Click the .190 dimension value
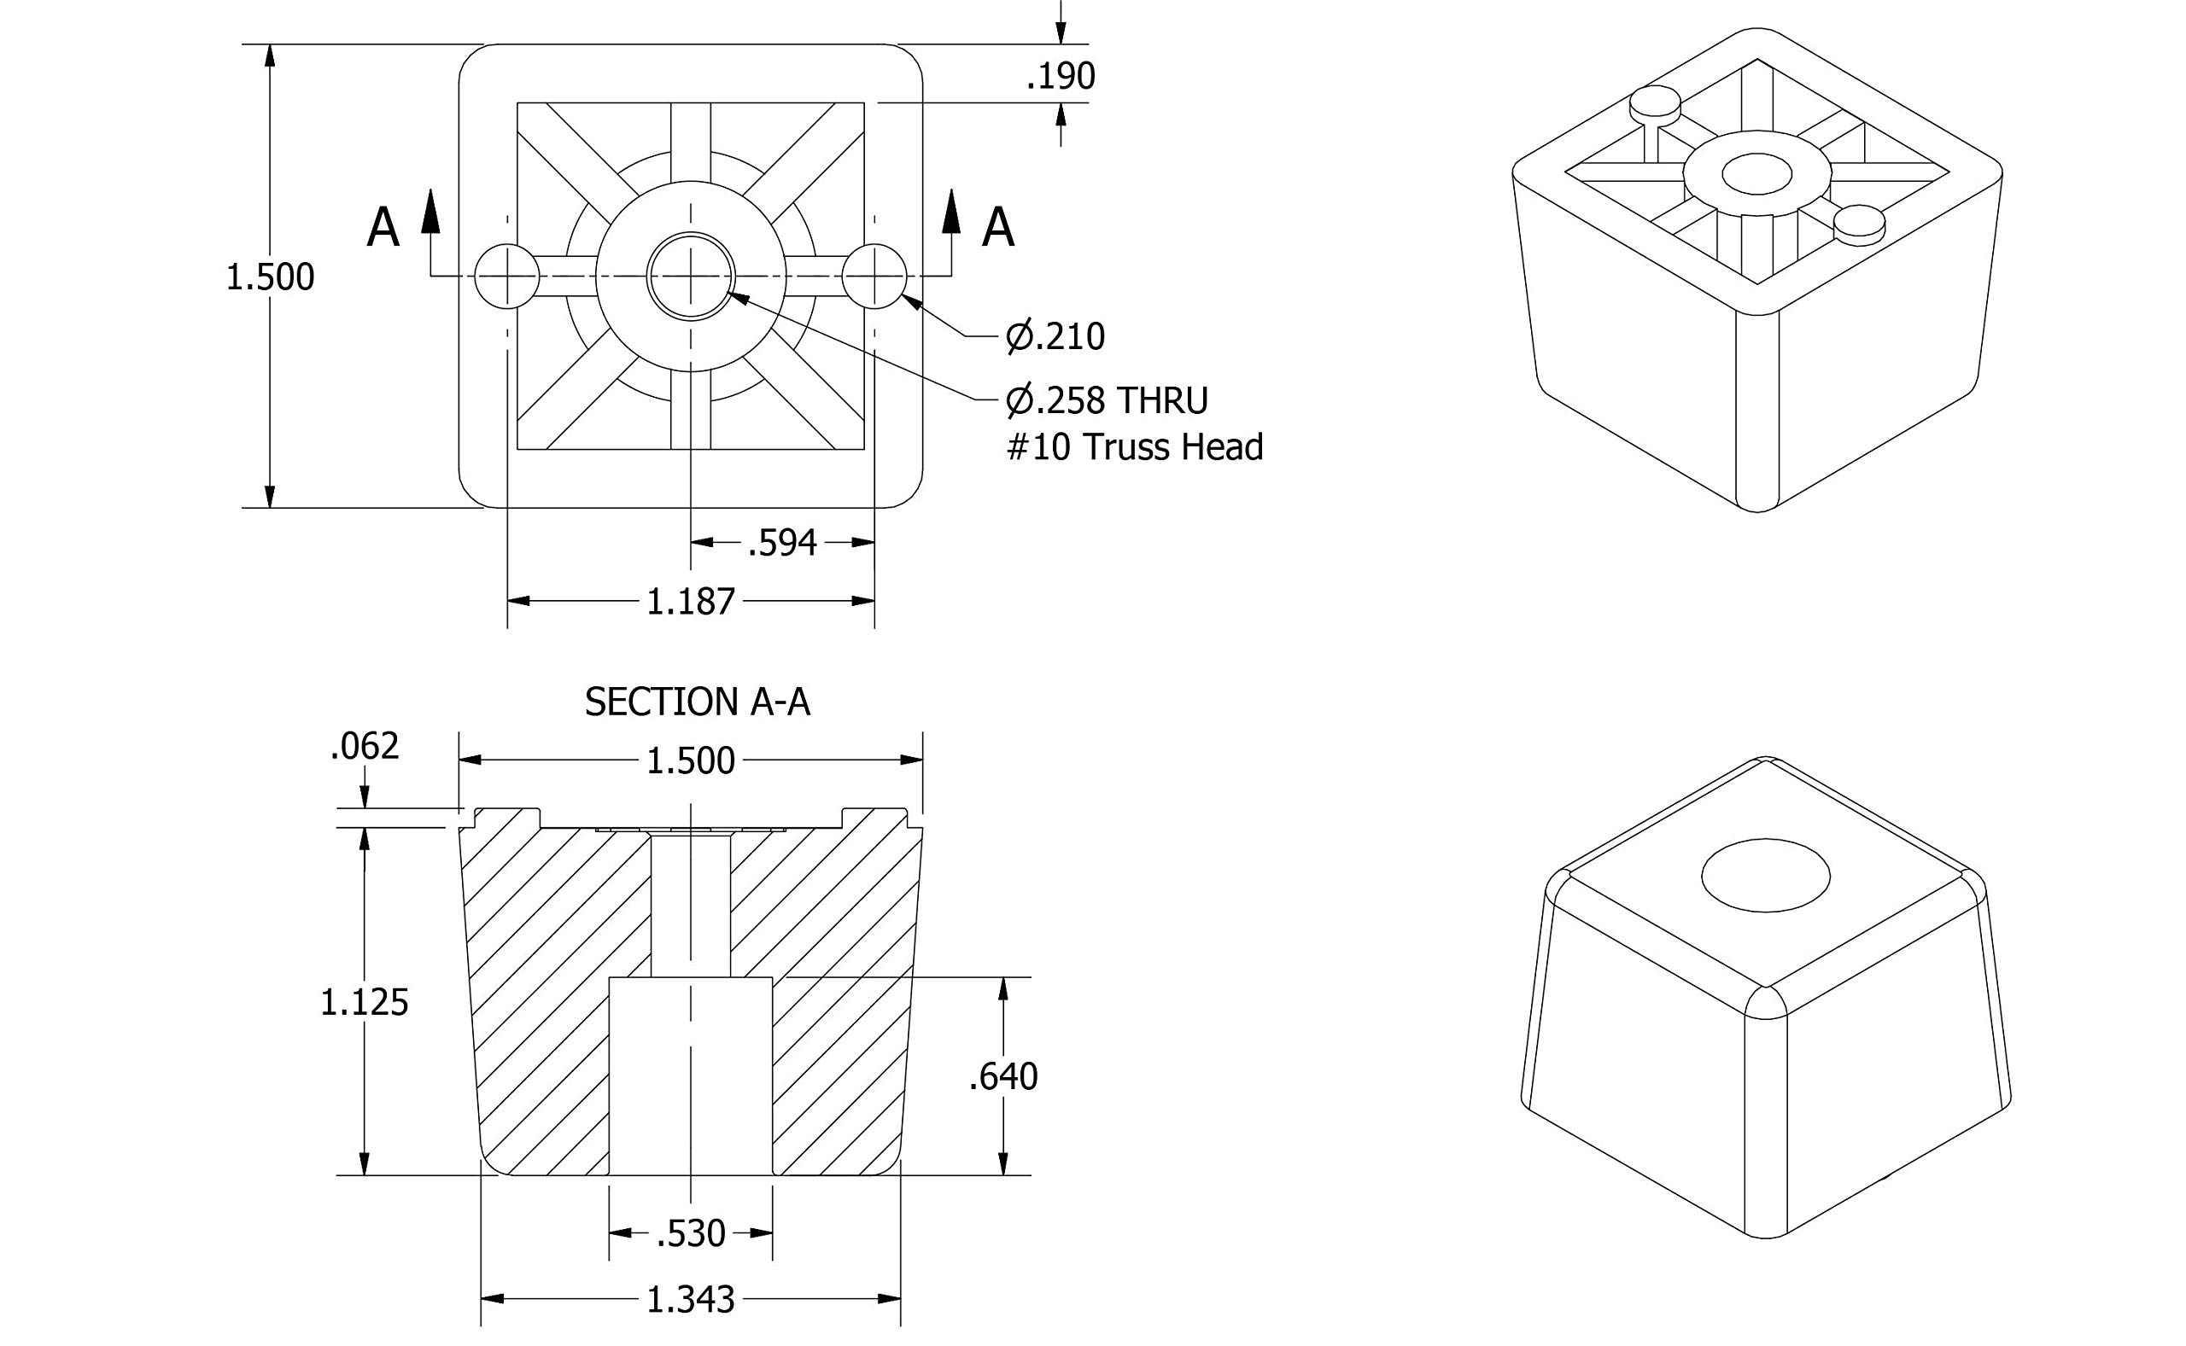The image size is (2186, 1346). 1060,77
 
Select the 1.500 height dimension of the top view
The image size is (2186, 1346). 270,277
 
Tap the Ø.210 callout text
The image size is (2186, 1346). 1055,336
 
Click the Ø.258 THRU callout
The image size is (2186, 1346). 1107,400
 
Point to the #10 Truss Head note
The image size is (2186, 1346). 1134,447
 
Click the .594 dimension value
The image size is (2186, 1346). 782,543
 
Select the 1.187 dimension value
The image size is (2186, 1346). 690,603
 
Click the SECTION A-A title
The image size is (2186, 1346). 697,702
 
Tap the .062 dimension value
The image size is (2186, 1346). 364,746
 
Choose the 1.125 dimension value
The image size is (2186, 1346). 364,1003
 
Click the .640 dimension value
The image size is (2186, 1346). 1002,1077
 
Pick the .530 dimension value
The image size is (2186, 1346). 690,1234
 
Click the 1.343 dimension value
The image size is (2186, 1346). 690,1301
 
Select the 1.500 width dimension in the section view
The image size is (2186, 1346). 690,761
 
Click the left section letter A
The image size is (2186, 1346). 383,228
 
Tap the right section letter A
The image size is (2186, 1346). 997,228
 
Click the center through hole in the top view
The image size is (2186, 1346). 690,276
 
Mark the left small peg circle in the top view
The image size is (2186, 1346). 506,276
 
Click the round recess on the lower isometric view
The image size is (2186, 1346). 1765,875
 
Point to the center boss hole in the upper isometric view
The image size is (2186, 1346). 1756,173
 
